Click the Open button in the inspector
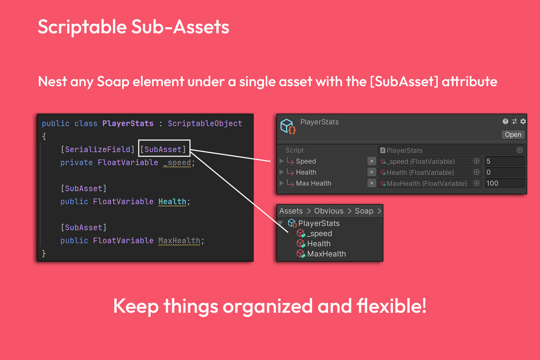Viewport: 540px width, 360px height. click(x=513, y=135)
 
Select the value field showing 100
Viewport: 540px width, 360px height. click(x=505, y=183)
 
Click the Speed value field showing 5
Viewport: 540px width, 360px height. click(x=505, y=161)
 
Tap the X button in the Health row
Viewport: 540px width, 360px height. click(x=372, y=172)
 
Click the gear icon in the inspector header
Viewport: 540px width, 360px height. click(x=523, y=121)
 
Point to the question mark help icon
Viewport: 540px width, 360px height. click(x=505, y=121)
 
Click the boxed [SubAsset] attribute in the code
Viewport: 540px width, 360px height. click(x=163, y=149)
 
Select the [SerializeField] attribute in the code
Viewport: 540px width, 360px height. click(x=97, y=149)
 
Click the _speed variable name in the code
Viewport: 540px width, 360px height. click(x=177, y=162)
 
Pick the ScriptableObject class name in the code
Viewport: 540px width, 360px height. click(x=205, y=123)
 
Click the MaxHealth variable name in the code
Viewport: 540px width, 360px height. click(x=179, y=240)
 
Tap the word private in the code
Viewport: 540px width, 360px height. click(x=76, y=162)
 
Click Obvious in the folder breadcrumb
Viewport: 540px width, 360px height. click(x=328, y=211)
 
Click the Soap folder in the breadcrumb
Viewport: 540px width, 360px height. click(x=364, y=211)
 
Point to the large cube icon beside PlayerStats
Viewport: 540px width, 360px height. click(x=288, y=126)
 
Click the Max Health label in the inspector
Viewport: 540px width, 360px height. click(x=313, y=183)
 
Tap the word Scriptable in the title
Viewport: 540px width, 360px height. click(x=82, y=27)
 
